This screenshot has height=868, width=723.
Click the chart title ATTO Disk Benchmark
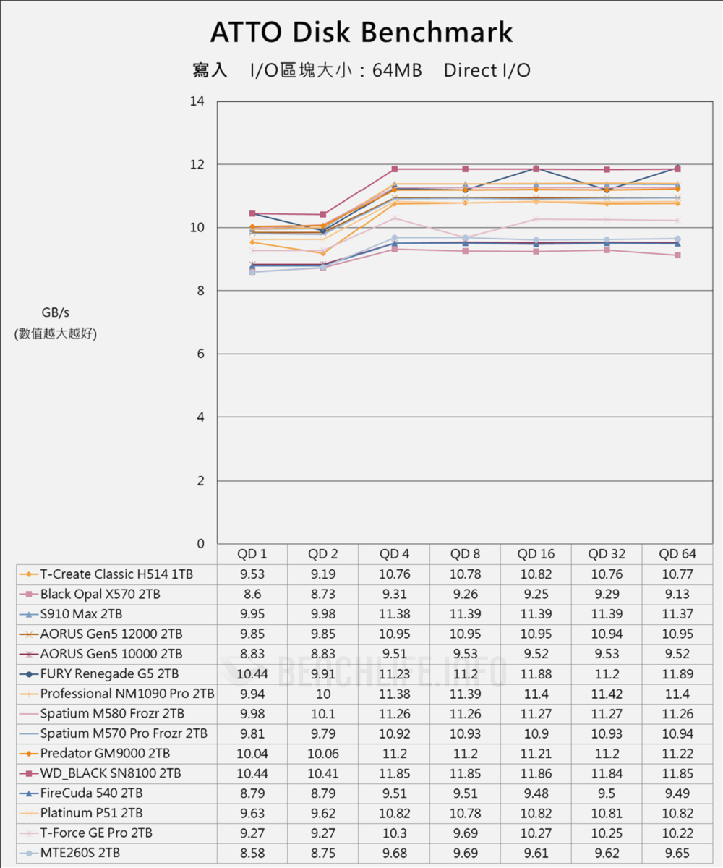click(x=361, y=33)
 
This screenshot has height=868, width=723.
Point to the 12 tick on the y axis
click(x=197, y=165)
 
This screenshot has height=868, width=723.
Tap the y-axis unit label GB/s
click(x=55, y=312)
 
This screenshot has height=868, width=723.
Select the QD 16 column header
click(x=536, y=554)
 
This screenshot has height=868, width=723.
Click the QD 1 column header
click(x=252, y=554)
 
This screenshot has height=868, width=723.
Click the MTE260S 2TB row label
click(x=81, y=853)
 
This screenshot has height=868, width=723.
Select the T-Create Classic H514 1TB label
click(x=116, y=574)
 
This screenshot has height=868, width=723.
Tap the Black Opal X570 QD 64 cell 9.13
click(x=677, y=594)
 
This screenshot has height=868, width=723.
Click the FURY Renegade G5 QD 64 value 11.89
click(x=677, y=673)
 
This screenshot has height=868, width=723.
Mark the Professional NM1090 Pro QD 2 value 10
click(x=322, y=694)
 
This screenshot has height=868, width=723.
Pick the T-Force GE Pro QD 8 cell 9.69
click(x=465, y=833)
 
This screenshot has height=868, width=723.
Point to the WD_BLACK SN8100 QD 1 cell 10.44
click(x=252, y=773)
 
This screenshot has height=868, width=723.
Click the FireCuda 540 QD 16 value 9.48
click(x=536, y=793)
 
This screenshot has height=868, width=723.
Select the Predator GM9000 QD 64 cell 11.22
click(x=677, y=753)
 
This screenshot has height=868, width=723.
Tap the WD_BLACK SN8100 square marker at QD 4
click(x=395, y=169)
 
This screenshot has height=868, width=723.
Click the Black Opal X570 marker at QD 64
click(x=677, y=255)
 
